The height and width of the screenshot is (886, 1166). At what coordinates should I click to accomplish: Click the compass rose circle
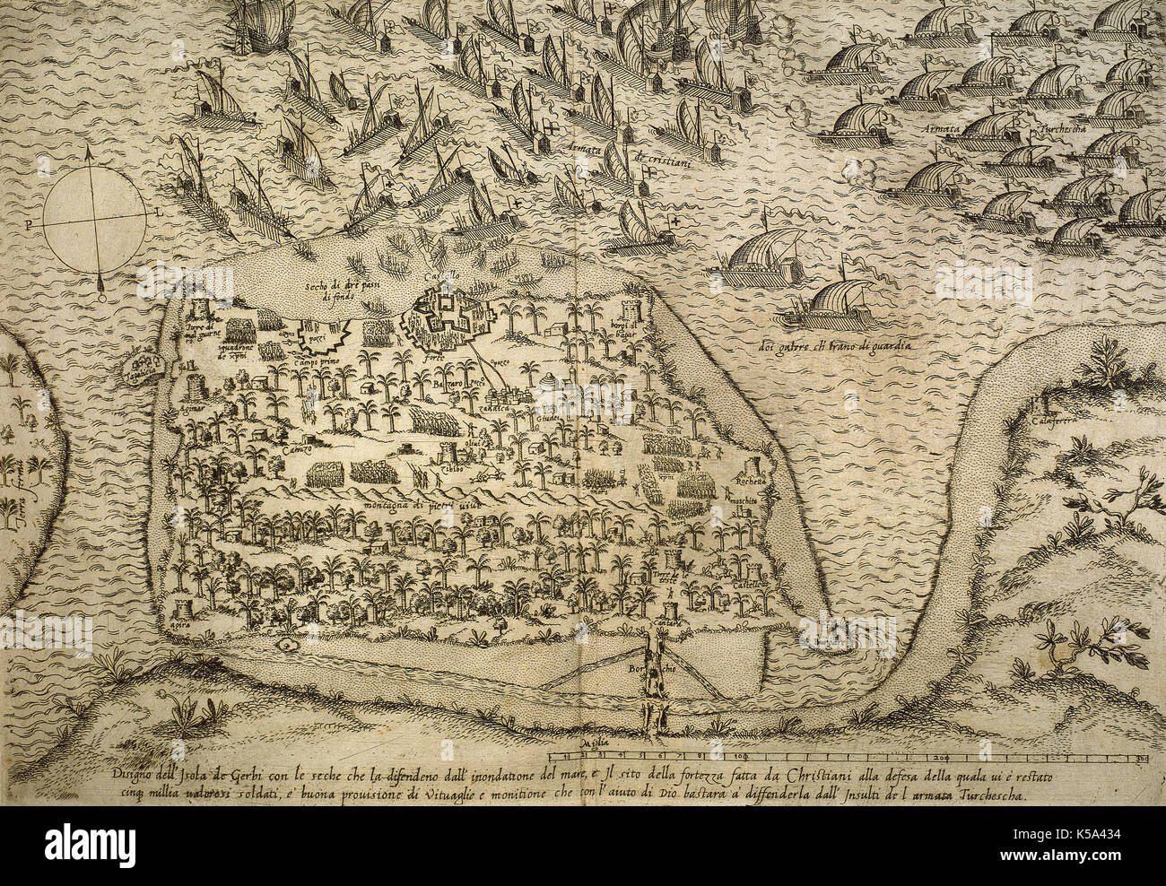[94, 218]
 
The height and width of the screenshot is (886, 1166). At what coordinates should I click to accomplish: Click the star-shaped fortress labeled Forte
[441, 320]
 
